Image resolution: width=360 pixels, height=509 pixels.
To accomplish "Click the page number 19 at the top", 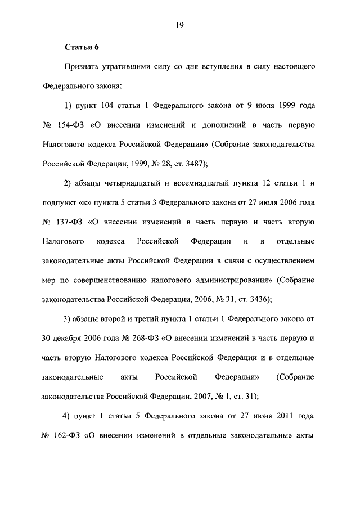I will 180,24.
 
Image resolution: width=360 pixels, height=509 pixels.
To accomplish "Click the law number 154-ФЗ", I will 68,125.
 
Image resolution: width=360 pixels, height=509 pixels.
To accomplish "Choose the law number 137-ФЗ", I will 68,222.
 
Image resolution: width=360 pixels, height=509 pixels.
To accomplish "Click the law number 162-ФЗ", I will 68,436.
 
